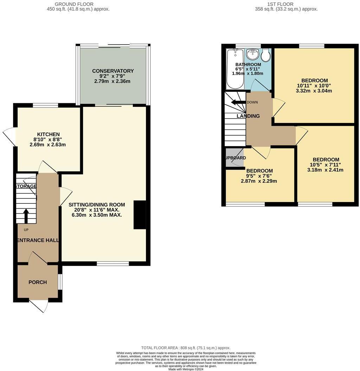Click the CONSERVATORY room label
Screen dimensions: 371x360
[x=113, y=71]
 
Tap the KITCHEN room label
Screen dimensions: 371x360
[x=49, y=134]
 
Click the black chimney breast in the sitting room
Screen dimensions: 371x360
[x=140, y=215]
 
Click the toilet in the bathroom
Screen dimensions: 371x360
[x=265, y=56]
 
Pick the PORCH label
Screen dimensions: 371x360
[x=38, y=282]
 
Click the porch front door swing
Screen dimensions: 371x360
[x=40, y=306]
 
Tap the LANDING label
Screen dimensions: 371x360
[x=248, y=116]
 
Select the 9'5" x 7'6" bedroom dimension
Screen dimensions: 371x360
[x=259, y=176]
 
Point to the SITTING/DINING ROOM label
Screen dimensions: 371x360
[x=97, y=204]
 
